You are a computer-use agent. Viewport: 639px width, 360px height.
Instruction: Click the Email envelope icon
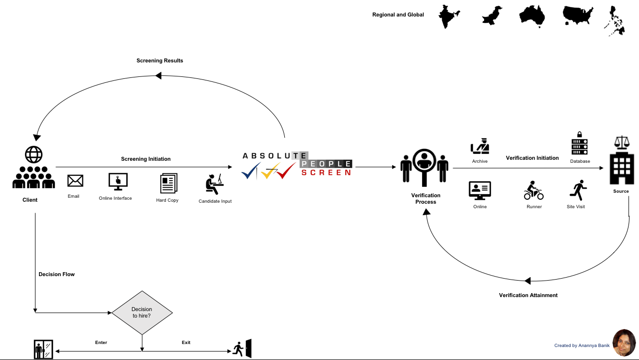[75, 181]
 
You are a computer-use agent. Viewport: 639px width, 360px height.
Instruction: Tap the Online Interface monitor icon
[118, 182]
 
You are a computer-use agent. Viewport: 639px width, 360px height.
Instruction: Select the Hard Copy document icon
[168, 183]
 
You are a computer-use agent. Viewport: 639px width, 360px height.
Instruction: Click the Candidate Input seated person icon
[214, 184]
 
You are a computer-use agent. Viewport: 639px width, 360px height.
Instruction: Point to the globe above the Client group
[33, 154]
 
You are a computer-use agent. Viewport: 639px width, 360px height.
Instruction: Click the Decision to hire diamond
[142, 313]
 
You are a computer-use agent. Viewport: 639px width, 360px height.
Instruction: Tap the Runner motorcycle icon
[534, 190]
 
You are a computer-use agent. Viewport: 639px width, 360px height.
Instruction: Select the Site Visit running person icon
[578, 190]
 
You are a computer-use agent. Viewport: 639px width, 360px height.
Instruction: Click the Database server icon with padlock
[580, 143]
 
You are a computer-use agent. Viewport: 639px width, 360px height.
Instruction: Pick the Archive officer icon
[480, 146]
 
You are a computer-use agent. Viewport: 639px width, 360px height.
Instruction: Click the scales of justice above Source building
[622, 143]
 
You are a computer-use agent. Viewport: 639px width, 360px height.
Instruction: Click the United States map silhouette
[578, 15]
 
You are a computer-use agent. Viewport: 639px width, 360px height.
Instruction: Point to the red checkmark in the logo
[286, 170]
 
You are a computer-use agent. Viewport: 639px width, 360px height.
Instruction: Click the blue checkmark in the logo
[251, 170]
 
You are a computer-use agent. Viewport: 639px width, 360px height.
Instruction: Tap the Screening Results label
[160, 60]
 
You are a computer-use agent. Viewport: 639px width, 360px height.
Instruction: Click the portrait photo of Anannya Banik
[624, 343]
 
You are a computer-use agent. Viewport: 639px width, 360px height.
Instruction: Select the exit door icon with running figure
[242, 349]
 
